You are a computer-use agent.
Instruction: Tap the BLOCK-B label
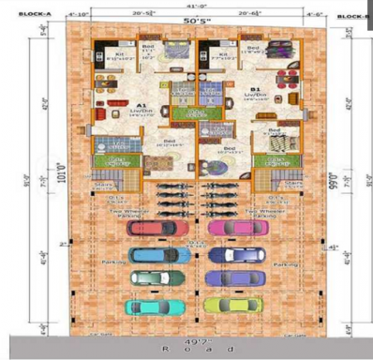click(x=352, y=16)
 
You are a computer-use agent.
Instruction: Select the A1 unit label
click(x=141, y=105)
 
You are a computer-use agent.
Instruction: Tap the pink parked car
click(x=226, y=228)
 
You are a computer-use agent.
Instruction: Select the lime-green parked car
click(x=226, y=306)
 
